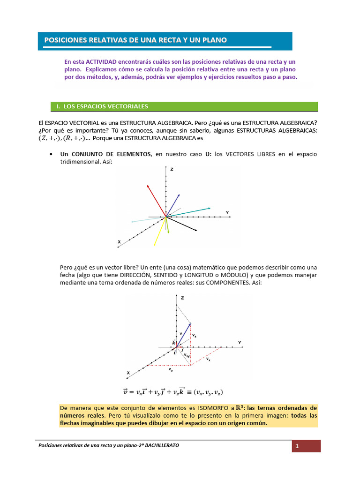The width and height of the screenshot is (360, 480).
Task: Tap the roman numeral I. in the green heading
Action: click(58, 107)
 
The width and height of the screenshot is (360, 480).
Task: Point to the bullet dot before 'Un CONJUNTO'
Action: click(51, 154)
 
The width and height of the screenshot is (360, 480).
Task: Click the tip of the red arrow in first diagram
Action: click(148, 186)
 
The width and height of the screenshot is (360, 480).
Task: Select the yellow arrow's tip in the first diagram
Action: click(155, 245)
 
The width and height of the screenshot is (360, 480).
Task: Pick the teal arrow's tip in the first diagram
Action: click(210, 207)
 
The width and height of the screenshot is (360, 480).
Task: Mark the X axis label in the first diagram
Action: click(119, 242)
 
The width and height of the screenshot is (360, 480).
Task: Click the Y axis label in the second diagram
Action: click(240, 343)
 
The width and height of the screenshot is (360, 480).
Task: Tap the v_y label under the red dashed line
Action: click(171, 369)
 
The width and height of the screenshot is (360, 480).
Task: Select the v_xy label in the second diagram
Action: click(187, 356)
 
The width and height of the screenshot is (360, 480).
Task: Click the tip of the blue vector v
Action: click(191, 323)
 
